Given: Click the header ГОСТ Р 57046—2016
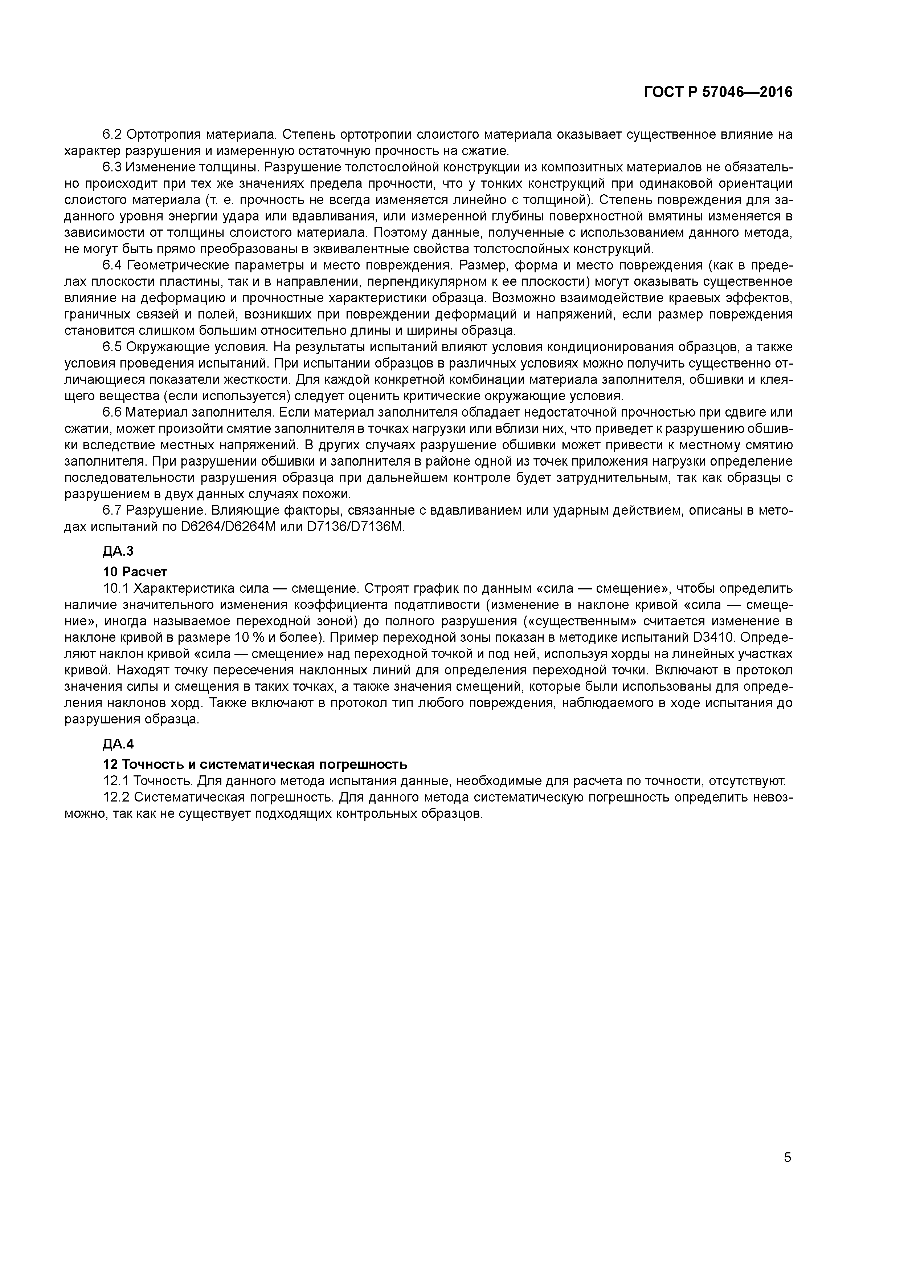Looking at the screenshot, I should [x=718, y=92].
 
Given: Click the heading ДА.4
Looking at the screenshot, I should [x=118, y=743].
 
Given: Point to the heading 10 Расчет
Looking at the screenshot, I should [x=135, y=572].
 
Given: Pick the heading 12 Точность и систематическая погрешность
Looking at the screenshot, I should [x=255, y=764].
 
